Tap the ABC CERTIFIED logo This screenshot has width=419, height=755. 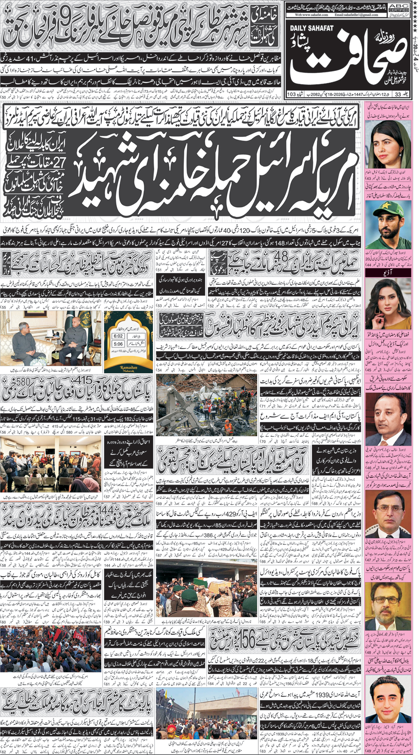click(399, 7)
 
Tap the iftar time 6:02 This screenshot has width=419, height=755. click(118, 336)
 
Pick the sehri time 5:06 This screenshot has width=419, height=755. click(118, 344)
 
